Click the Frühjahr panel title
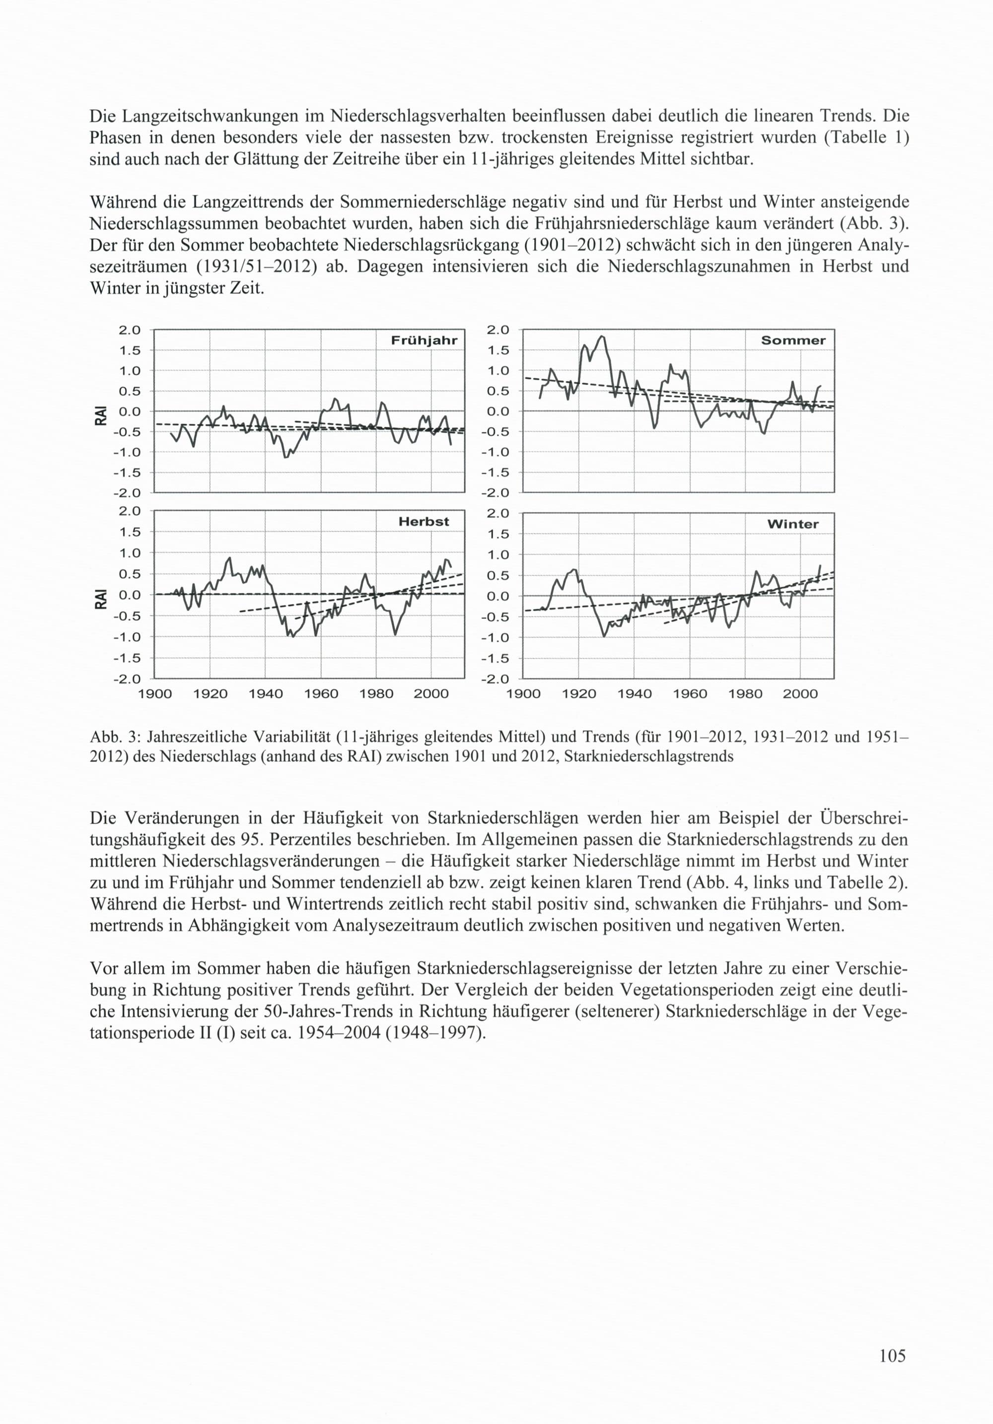(424, 340)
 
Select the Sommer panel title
(793, 340)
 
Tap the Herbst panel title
(423, 522)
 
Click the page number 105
(892, 1356)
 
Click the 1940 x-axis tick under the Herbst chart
(266, 694)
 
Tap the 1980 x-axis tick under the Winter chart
(745, 694)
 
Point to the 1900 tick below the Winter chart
(523, 694)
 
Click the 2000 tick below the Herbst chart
(431, 694)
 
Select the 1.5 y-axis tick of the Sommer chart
(497, 350)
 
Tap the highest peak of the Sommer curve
(602, 336)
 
